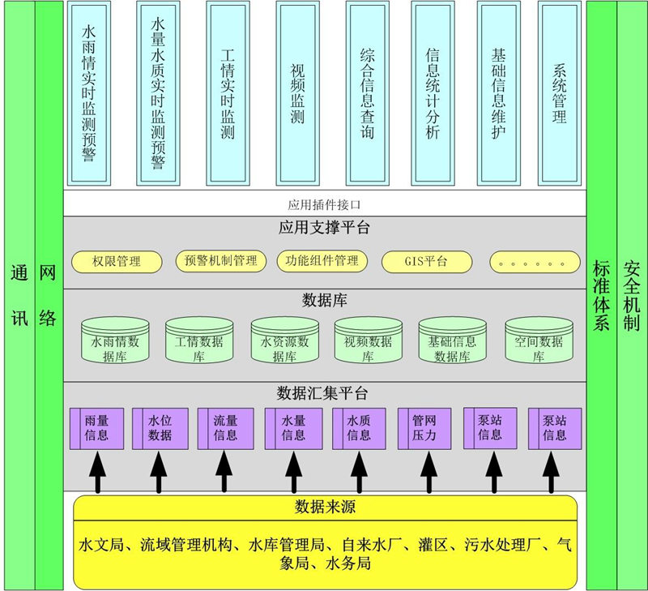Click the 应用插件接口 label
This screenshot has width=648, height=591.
coord(323,204)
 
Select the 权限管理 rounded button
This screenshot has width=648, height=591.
coord(117,261)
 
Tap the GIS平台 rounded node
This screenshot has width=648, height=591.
coord(426,261)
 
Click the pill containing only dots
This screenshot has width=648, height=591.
coord(535,262)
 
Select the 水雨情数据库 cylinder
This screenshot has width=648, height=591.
coord(116,341)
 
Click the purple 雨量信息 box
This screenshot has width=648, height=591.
coord(99,428)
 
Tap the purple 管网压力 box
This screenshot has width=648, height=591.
coord(424,428)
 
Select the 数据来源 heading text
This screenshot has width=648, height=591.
coord(325,507)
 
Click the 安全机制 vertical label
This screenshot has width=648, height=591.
coord(632,295)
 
